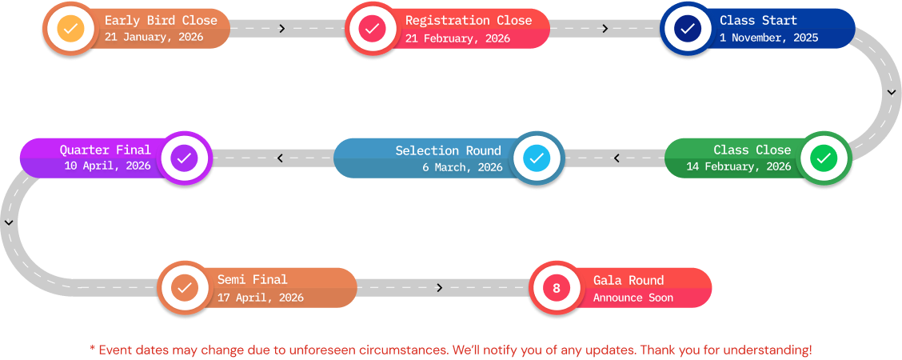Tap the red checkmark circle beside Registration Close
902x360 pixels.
(371, 29)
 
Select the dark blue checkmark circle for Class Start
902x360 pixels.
(686, 29)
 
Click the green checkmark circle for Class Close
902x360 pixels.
(822, 158)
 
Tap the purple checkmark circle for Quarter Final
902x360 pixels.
(184, 158)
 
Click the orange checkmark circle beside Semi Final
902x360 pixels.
(184, 287)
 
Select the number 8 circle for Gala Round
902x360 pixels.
(557, 288)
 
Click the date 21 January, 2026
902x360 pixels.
(154, 38)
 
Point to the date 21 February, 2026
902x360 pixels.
(457, 38)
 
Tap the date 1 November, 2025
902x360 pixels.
(768, 38)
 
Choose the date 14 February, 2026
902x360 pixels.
(738, 167)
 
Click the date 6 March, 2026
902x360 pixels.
(462, 167)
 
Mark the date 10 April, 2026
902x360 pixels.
(107, 166)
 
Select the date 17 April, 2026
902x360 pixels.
(261, 298)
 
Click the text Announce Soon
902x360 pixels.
(633, 298)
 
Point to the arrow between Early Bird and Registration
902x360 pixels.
(282, 29)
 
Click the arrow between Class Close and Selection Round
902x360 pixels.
(616, 158)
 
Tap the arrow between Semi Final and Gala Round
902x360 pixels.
(440, 288)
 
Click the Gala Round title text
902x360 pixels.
(629, 280)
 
